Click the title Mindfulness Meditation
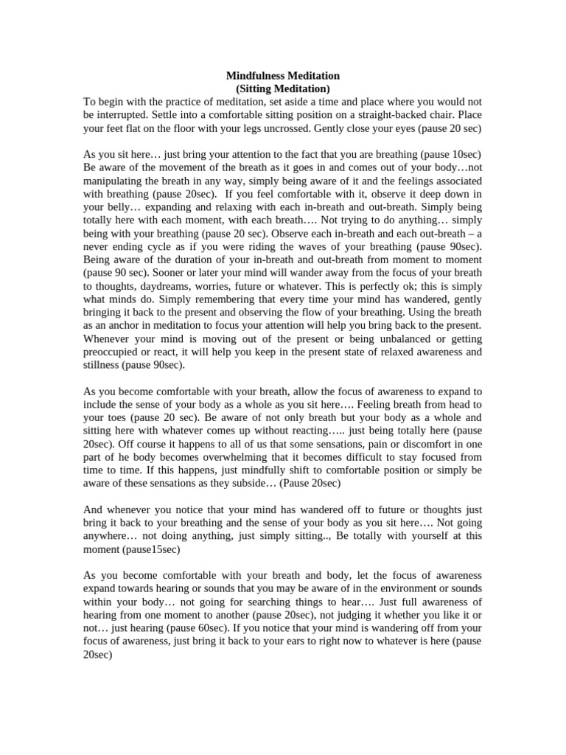tap(282, 76)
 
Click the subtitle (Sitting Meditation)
tap(282, 89)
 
